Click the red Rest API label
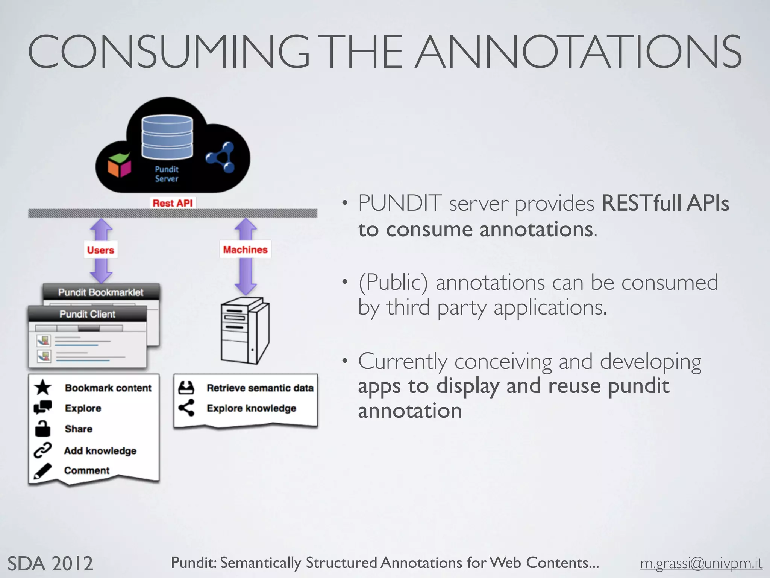pos(173,203)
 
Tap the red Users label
pos(100,250)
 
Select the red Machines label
pos(245,249)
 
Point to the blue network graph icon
pos(221,157)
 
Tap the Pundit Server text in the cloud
pos(167,174)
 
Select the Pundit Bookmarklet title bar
pos(101,292)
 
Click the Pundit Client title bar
pos(87,314)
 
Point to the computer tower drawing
pos(245,330)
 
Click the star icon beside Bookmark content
pos(43,387)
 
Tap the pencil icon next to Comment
pos(42,471)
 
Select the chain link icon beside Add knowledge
pos(42,450)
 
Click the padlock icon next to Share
pos(42,429)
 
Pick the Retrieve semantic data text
pos(260,388)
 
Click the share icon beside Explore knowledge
pos(186,408)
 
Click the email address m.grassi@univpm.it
pos(701,563)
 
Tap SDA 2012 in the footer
pos(50,564)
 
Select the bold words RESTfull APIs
pos(665,203)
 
